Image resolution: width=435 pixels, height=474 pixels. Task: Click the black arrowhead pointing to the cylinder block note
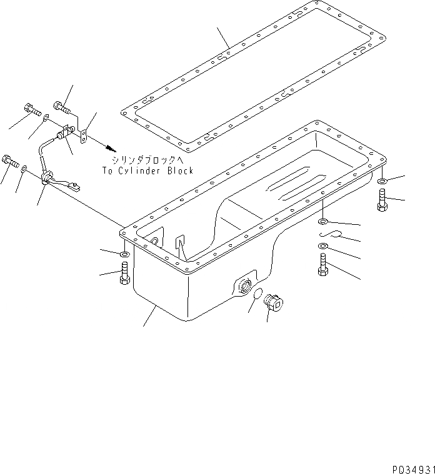pyautogui.click(x=112, y=149)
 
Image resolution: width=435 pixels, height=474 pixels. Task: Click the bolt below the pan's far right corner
pyautogui.click(x=382, y=203)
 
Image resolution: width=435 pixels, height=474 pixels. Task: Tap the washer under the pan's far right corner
pyautogui.click(x=382, y=182)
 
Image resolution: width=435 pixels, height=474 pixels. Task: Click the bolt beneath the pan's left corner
pyautogui.click(x=124, y=274)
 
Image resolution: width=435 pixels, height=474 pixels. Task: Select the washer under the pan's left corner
pyautogui.click(x=124, y=254)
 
